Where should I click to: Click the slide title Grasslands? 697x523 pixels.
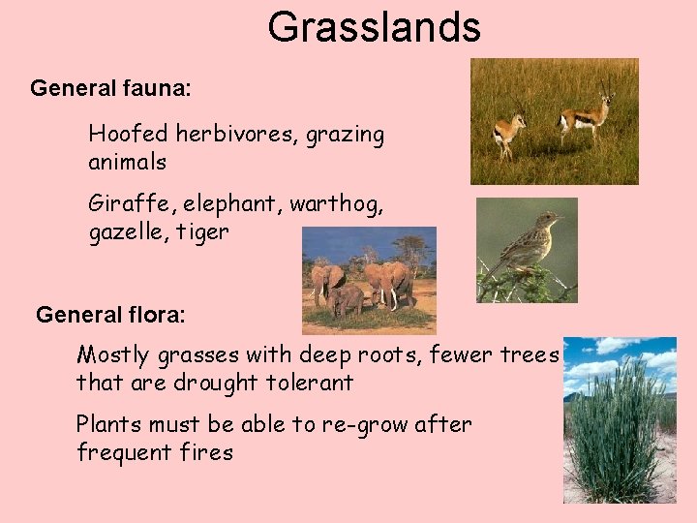coord(374,27)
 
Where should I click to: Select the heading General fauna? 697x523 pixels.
coord(110,89)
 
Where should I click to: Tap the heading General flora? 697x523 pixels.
coord(110,316)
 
